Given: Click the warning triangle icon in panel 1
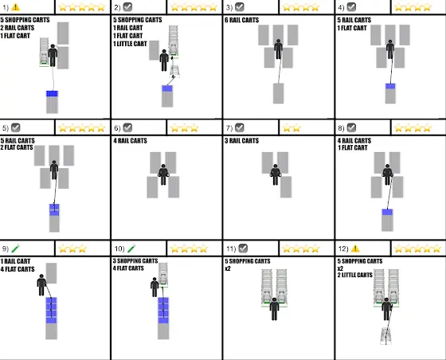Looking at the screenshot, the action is click(x=15, y=7).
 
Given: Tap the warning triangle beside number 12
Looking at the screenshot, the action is click(x=355, y=248).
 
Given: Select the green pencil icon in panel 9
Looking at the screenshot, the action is click(x=16, y=248).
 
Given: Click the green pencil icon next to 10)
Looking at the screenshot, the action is click(x=131, y=248).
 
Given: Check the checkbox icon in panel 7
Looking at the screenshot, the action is click(x=240, y=127).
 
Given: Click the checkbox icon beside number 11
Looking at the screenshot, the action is click(x=243, y=248).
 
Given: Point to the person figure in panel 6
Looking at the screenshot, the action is click(x=163, y=174).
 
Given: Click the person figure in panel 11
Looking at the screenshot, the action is click(x=274, y=309).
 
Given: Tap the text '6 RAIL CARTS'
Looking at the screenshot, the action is click(x=242, y=20).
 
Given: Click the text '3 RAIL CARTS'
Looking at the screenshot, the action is click(x=242, y=140).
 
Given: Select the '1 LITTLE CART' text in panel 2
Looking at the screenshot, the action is click(x=130, y=44).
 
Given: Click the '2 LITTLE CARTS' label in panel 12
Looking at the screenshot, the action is click(x=355, y=275).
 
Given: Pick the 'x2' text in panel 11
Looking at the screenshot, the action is click(x=228, y=268).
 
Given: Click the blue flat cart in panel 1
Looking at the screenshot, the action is click(x=52, y=94).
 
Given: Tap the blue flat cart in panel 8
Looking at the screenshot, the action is click(x=387, y=212).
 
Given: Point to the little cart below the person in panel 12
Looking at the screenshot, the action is click(x=386, y=336).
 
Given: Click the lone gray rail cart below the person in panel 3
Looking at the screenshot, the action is click(x=279, y=93).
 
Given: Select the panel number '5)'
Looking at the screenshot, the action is click(x=6, y=128).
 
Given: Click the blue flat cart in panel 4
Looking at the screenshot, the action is click(x=390, y=86).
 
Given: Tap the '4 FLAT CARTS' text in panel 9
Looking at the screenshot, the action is click(x=18, y=269).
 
